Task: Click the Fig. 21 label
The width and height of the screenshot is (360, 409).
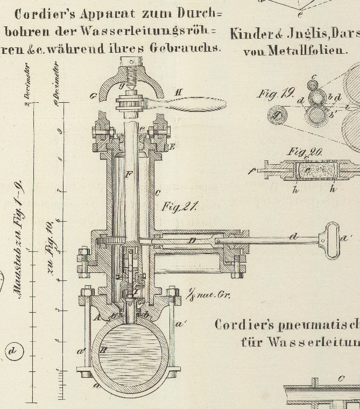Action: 180,206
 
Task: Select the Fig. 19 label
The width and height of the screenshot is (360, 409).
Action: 276,94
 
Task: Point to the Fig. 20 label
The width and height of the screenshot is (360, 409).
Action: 305,152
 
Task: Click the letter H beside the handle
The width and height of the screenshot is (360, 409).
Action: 178,93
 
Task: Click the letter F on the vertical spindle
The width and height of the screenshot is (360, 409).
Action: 128,175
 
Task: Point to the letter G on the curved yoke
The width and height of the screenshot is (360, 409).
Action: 94,97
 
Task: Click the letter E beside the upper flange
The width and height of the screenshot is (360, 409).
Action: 172,146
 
